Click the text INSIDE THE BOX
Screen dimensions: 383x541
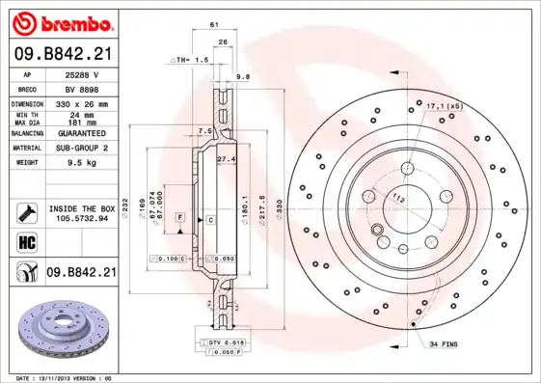point(81,208)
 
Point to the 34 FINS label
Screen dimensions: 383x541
point(445,344)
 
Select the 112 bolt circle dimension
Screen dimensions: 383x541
point(396,197)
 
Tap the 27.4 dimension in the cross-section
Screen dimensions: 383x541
point(226,158)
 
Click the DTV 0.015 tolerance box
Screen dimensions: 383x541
point(223,342)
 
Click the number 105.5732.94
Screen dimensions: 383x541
point(81,219)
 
